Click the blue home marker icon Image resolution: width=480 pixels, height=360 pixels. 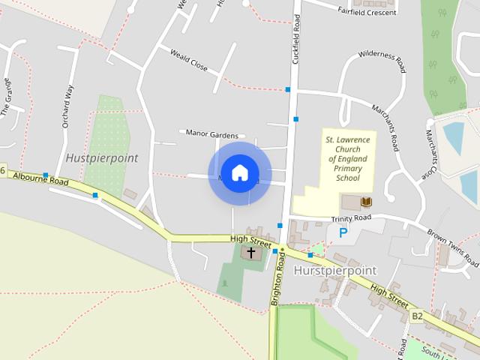pos(239,173)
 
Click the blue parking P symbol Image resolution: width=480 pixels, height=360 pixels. pos(343,232)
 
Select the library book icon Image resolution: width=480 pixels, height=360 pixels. pos(366,202)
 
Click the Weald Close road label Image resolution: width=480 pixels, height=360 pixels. pos(189,61)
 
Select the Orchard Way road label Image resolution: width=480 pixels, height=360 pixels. pos(69,107)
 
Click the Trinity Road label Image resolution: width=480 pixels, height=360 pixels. pos(352,218)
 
